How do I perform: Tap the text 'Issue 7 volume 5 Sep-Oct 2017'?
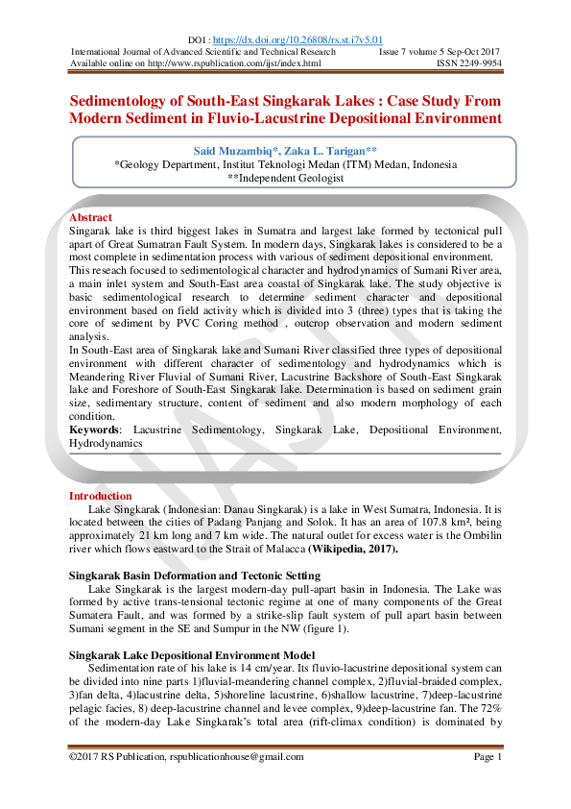[440, 51]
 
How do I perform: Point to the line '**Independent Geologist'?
[285, 178]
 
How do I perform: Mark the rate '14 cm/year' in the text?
[262, 666]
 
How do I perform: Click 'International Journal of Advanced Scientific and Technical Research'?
[203, 51]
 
